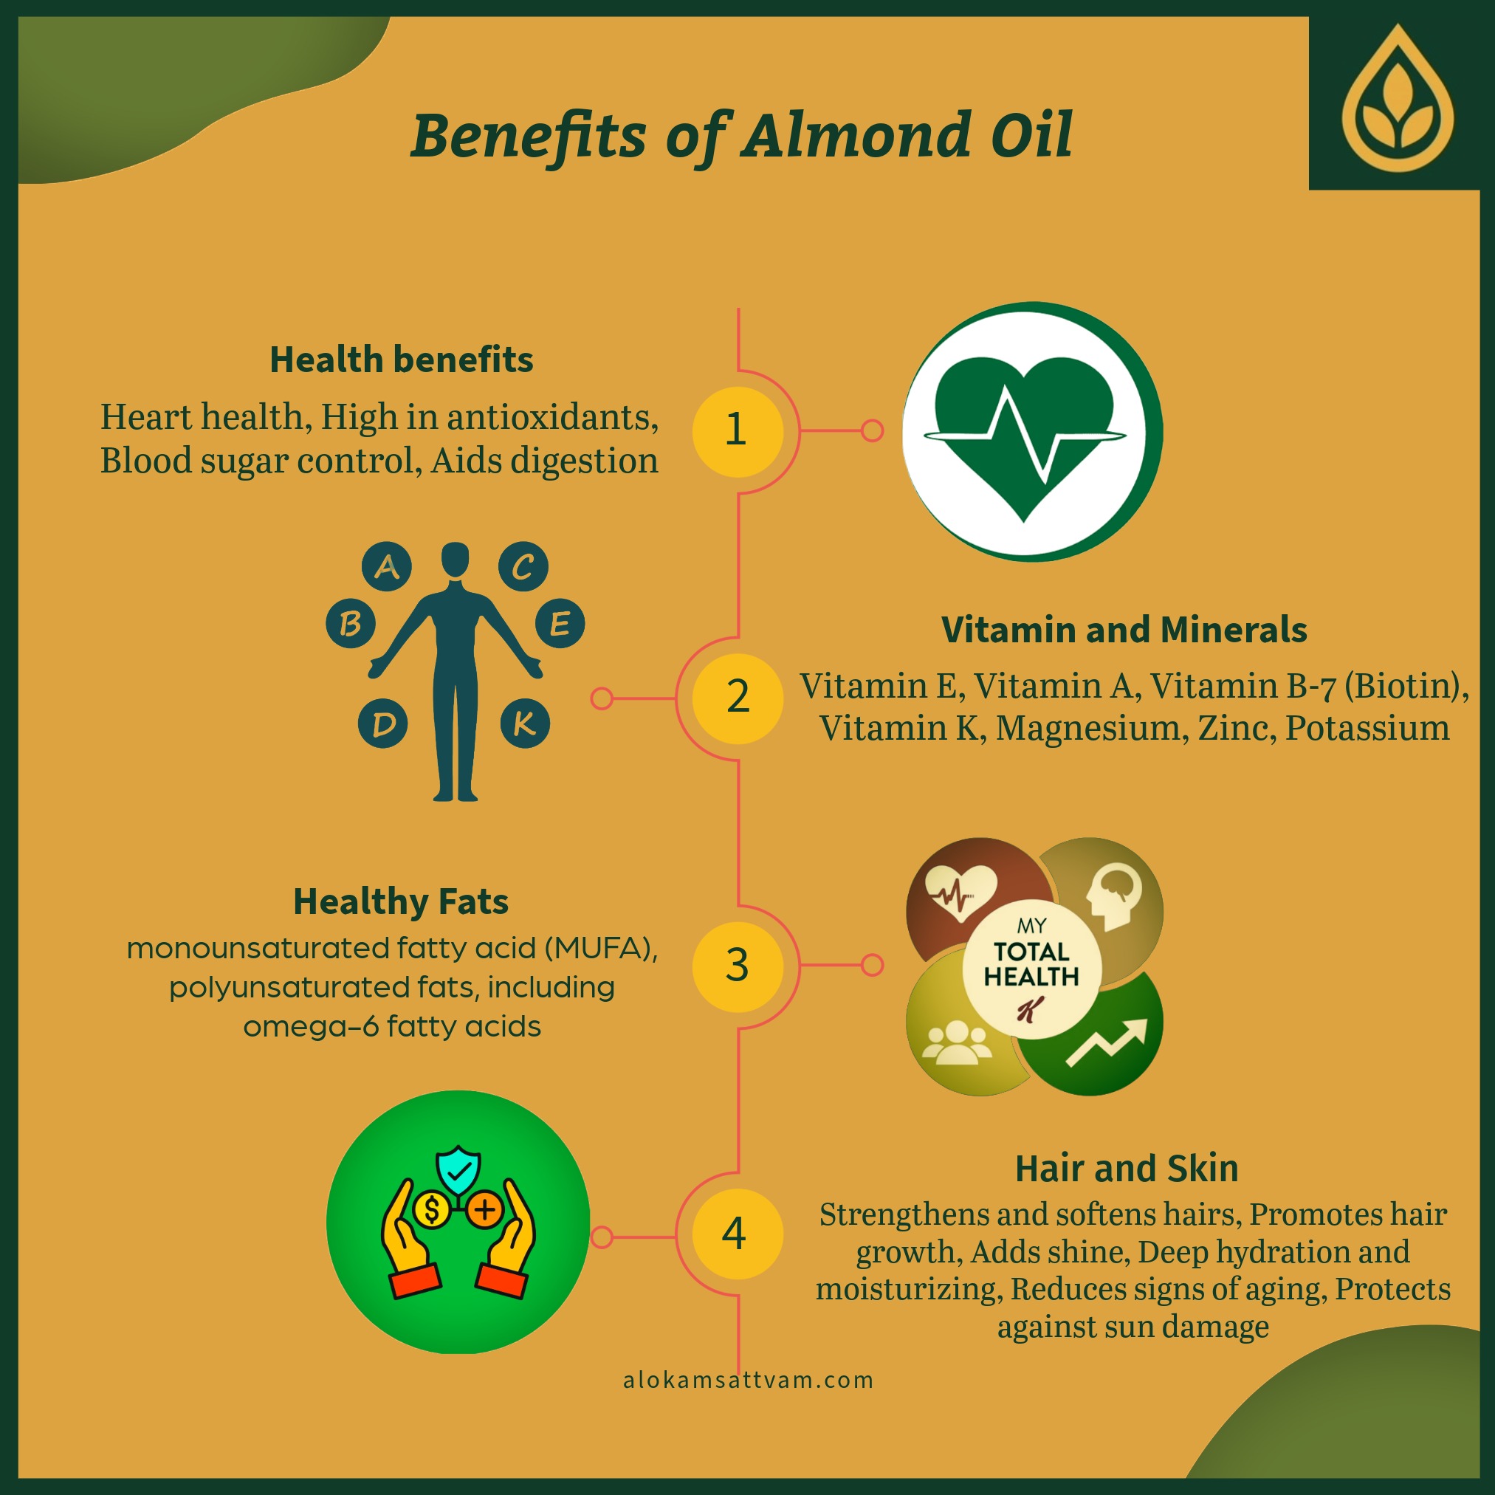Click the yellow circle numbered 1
738,431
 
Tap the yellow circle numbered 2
738,698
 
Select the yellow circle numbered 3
738,966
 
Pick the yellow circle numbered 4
738,1234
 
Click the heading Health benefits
401,360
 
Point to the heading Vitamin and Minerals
1124,629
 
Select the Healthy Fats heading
401,901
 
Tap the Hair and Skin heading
1127,1169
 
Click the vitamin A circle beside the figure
387,566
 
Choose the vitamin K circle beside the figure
526,724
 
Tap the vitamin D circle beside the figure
383,724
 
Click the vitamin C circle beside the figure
523,566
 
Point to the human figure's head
455,558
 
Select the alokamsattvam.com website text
749,1381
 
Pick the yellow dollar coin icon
432,1209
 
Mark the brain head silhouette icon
1113,896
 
